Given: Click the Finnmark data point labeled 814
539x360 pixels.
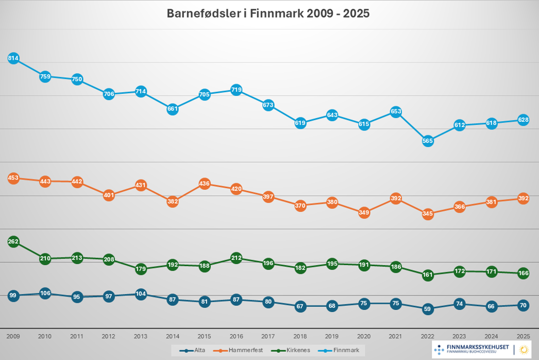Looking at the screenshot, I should [13, 58].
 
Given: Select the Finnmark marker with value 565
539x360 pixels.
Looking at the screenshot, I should [428, 141].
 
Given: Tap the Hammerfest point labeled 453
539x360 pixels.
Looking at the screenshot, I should [13, 178].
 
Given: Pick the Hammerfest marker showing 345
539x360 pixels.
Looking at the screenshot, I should [428, 214].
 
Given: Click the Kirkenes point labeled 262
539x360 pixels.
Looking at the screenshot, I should [13, 241].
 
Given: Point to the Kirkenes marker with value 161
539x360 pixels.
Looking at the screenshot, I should [428, 275].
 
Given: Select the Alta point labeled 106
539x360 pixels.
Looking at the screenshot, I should [45, 293].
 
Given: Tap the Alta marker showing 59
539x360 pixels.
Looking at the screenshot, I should [428, 309].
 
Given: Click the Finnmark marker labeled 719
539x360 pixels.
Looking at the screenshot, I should [237, 90].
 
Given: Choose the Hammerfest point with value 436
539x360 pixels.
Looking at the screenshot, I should [205, 184].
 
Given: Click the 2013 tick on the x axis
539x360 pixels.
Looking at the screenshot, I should [141, 336].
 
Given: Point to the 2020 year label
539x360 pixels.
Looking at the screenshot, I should [364, 336].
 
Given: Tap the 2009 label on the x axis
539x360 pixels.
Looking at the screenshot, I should [13, 336].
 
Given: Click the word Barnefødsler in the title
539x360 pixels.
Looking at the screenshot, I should [203, 13].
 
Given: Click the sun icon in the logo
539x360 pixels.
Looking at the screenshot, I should [524, 350].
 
